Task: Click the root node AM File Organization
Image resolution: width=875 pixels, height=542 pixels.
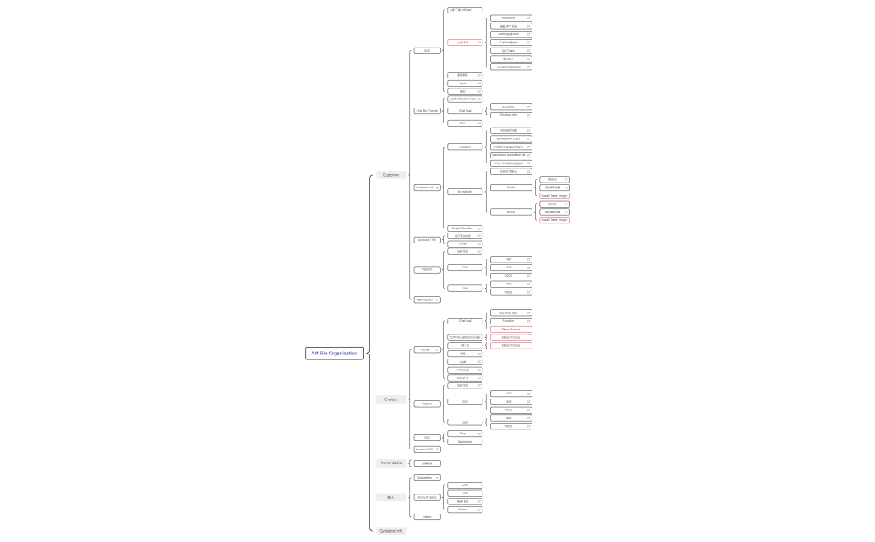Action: point(334,353)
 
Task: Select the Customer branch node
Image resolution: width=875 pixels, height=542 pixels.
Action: point(391,175)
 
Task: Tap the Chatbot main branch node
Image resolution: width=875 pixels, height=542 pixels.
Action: point(391,399)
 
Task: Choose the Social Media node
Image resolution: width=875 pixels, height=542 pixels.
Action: point(391,463)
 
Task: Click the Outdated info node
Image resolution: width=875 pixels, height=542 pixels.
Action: point(391,530)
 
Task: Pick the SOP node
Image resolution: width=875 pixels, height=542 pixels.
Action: point(427,51)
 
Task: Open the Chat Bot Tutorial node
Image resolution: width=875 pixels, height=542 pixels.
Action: point(427,110)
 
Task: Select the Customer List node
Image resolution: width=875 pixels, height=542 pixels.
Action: point(427,188)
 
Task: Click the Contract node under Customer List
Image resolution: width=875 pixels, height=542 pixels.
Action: point(465,147)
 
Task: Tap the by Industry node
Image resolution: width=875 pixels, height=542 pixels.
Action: point(465,192)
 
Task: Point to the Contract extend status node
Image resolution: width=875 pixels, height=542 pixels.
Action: point(511,147)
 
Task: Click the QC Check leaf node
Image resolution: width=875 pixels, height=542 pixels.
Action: point(511,51)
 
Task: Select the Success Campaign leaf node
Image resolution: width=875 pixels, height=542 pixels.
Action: point(511,67)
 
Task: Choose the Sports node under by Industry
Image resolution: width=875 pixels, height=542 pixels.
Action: point(511,188)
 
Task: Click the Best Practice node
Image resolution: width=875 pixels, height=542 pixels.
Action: point(427,299)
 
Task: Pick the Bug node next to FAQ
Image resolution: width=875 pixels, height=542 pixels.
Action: point(465,434)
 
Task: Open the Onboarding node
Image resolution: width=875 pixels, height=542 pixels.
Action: point(427,478)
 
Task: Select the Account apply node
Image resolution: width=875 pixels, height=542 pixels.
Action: point(427,497)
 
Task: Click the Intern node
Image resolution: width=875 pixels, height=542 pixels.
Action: point(427,517)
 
